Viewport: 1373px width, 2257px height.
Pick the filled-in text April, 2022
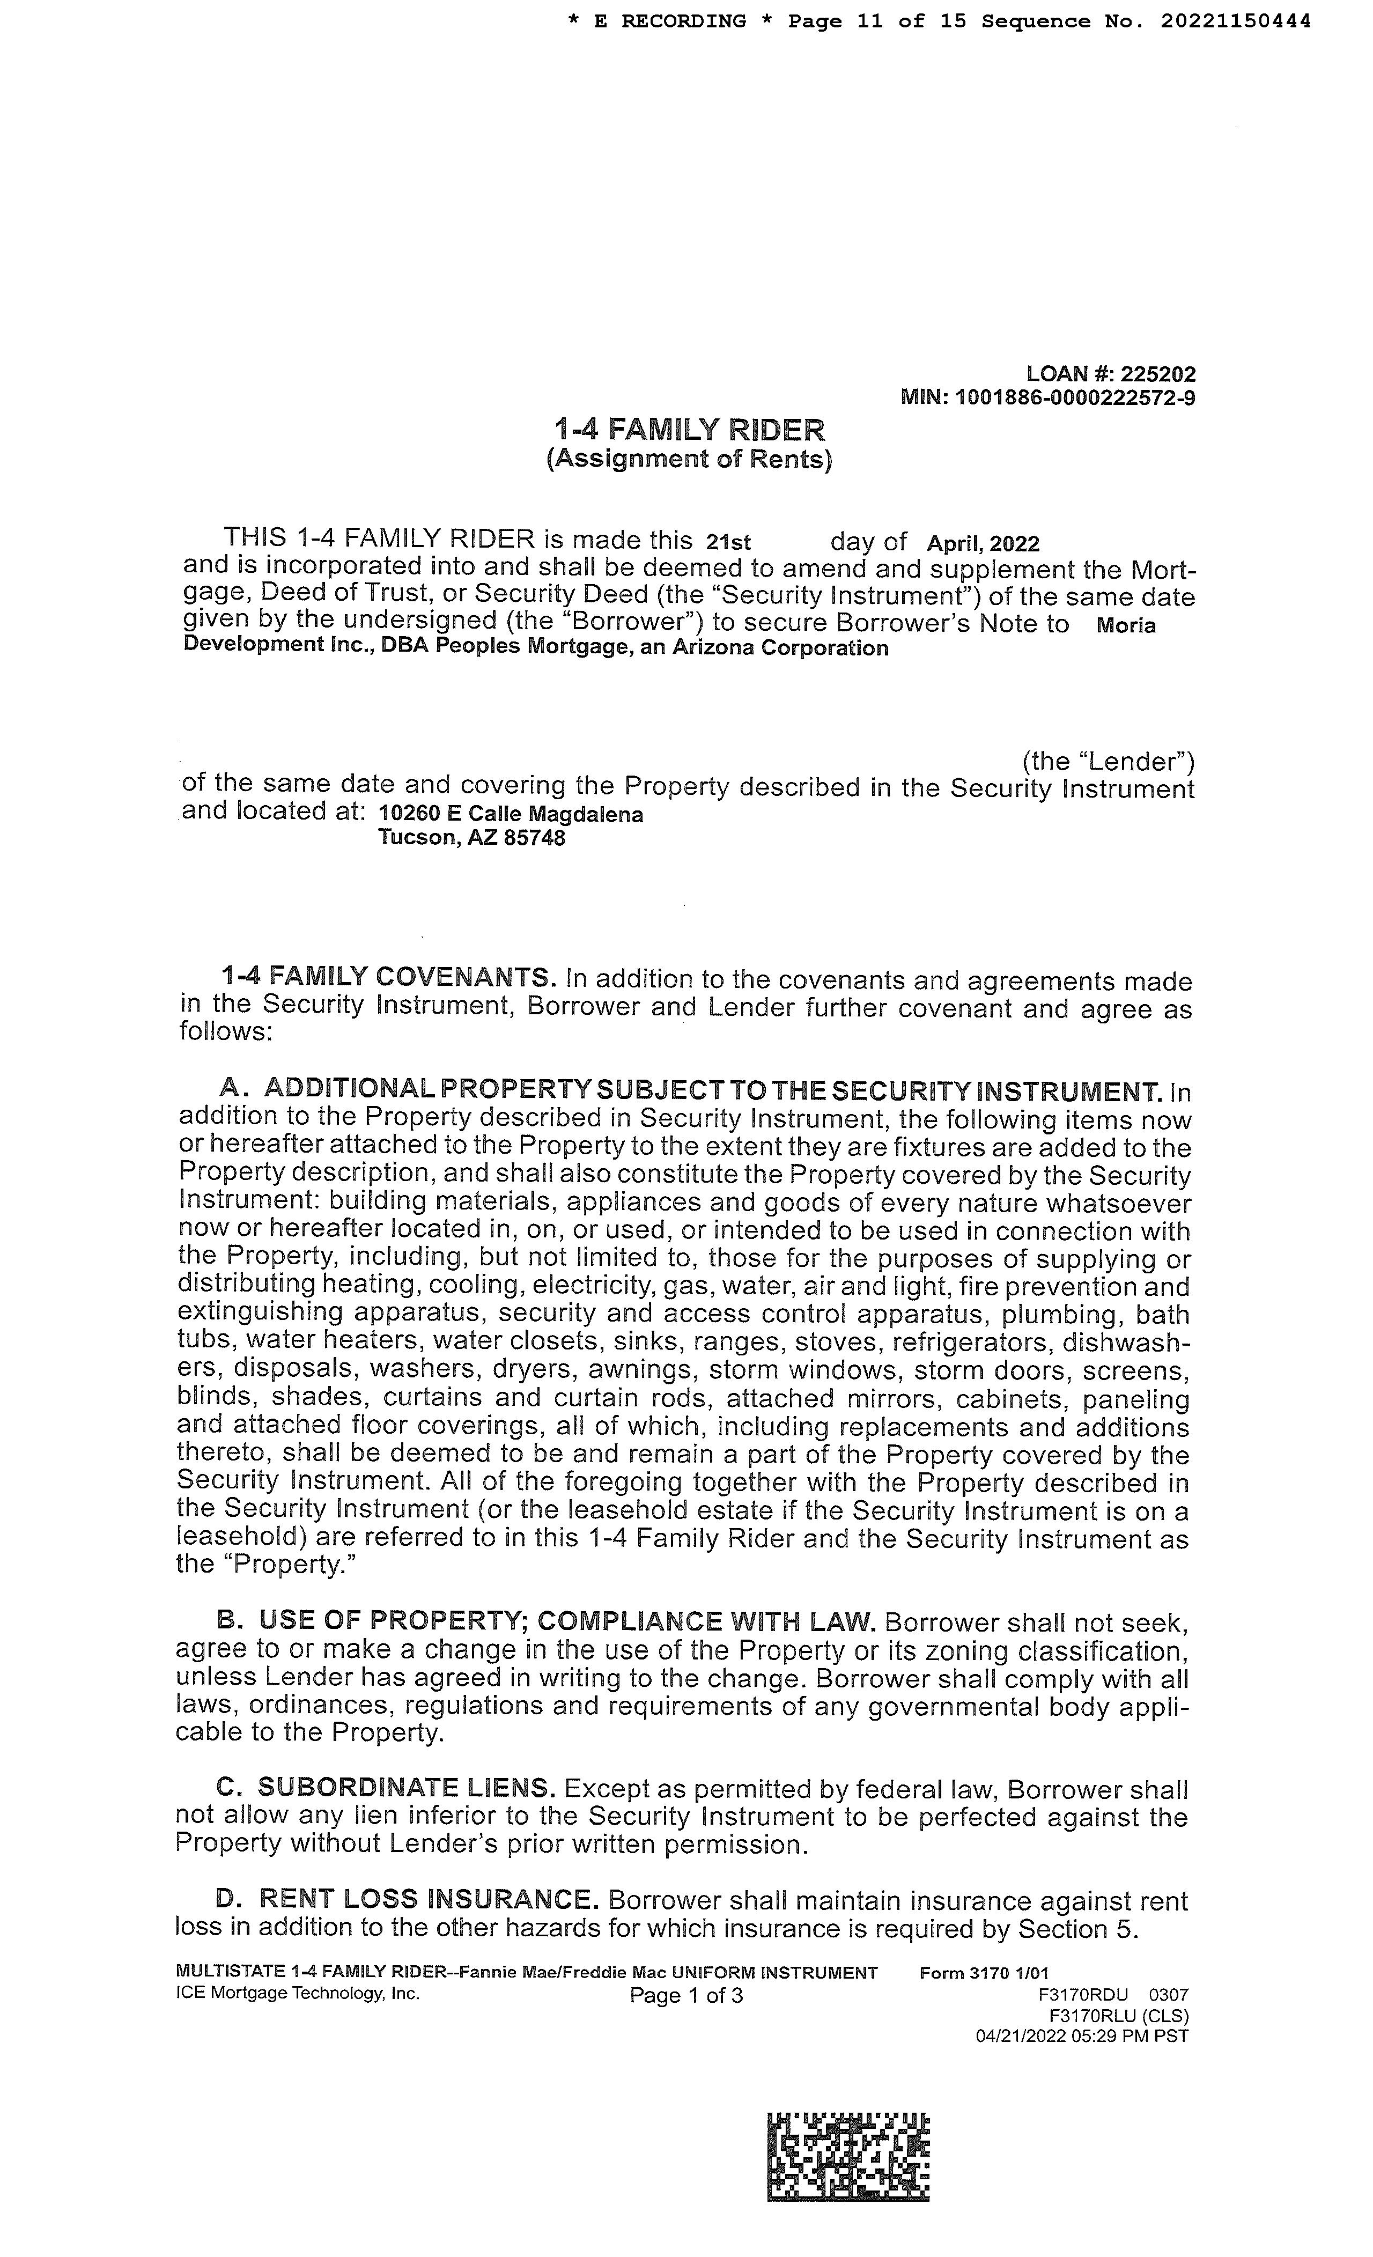[x=983, y=544]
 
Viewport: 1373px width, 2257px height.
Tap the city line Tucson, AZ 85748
[x=472, y=838]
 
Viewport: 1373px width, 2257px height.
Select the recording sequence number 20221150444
[x=1236, y=21]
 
